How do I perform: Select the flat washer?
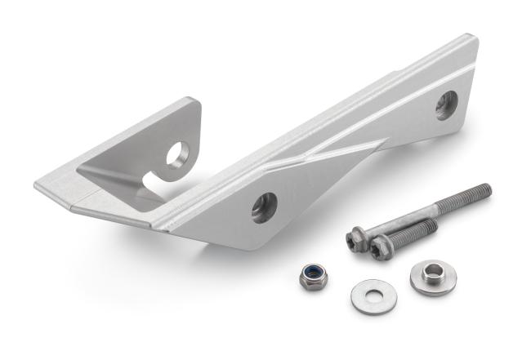click(373, 296)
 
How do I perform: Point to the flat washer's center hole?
click(373, 294)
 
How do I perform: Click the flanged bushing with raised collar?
click(432, 278)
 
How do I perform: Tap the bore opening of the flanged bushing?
click(432, 270)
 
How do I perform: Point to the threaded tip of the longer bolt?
click(485, 190)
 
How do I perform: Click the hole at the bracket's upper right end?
click(446, 104)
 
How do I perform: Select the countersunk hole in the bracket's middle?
click(265, 207)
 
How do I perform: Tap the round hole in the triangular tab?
click(178, 154)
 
